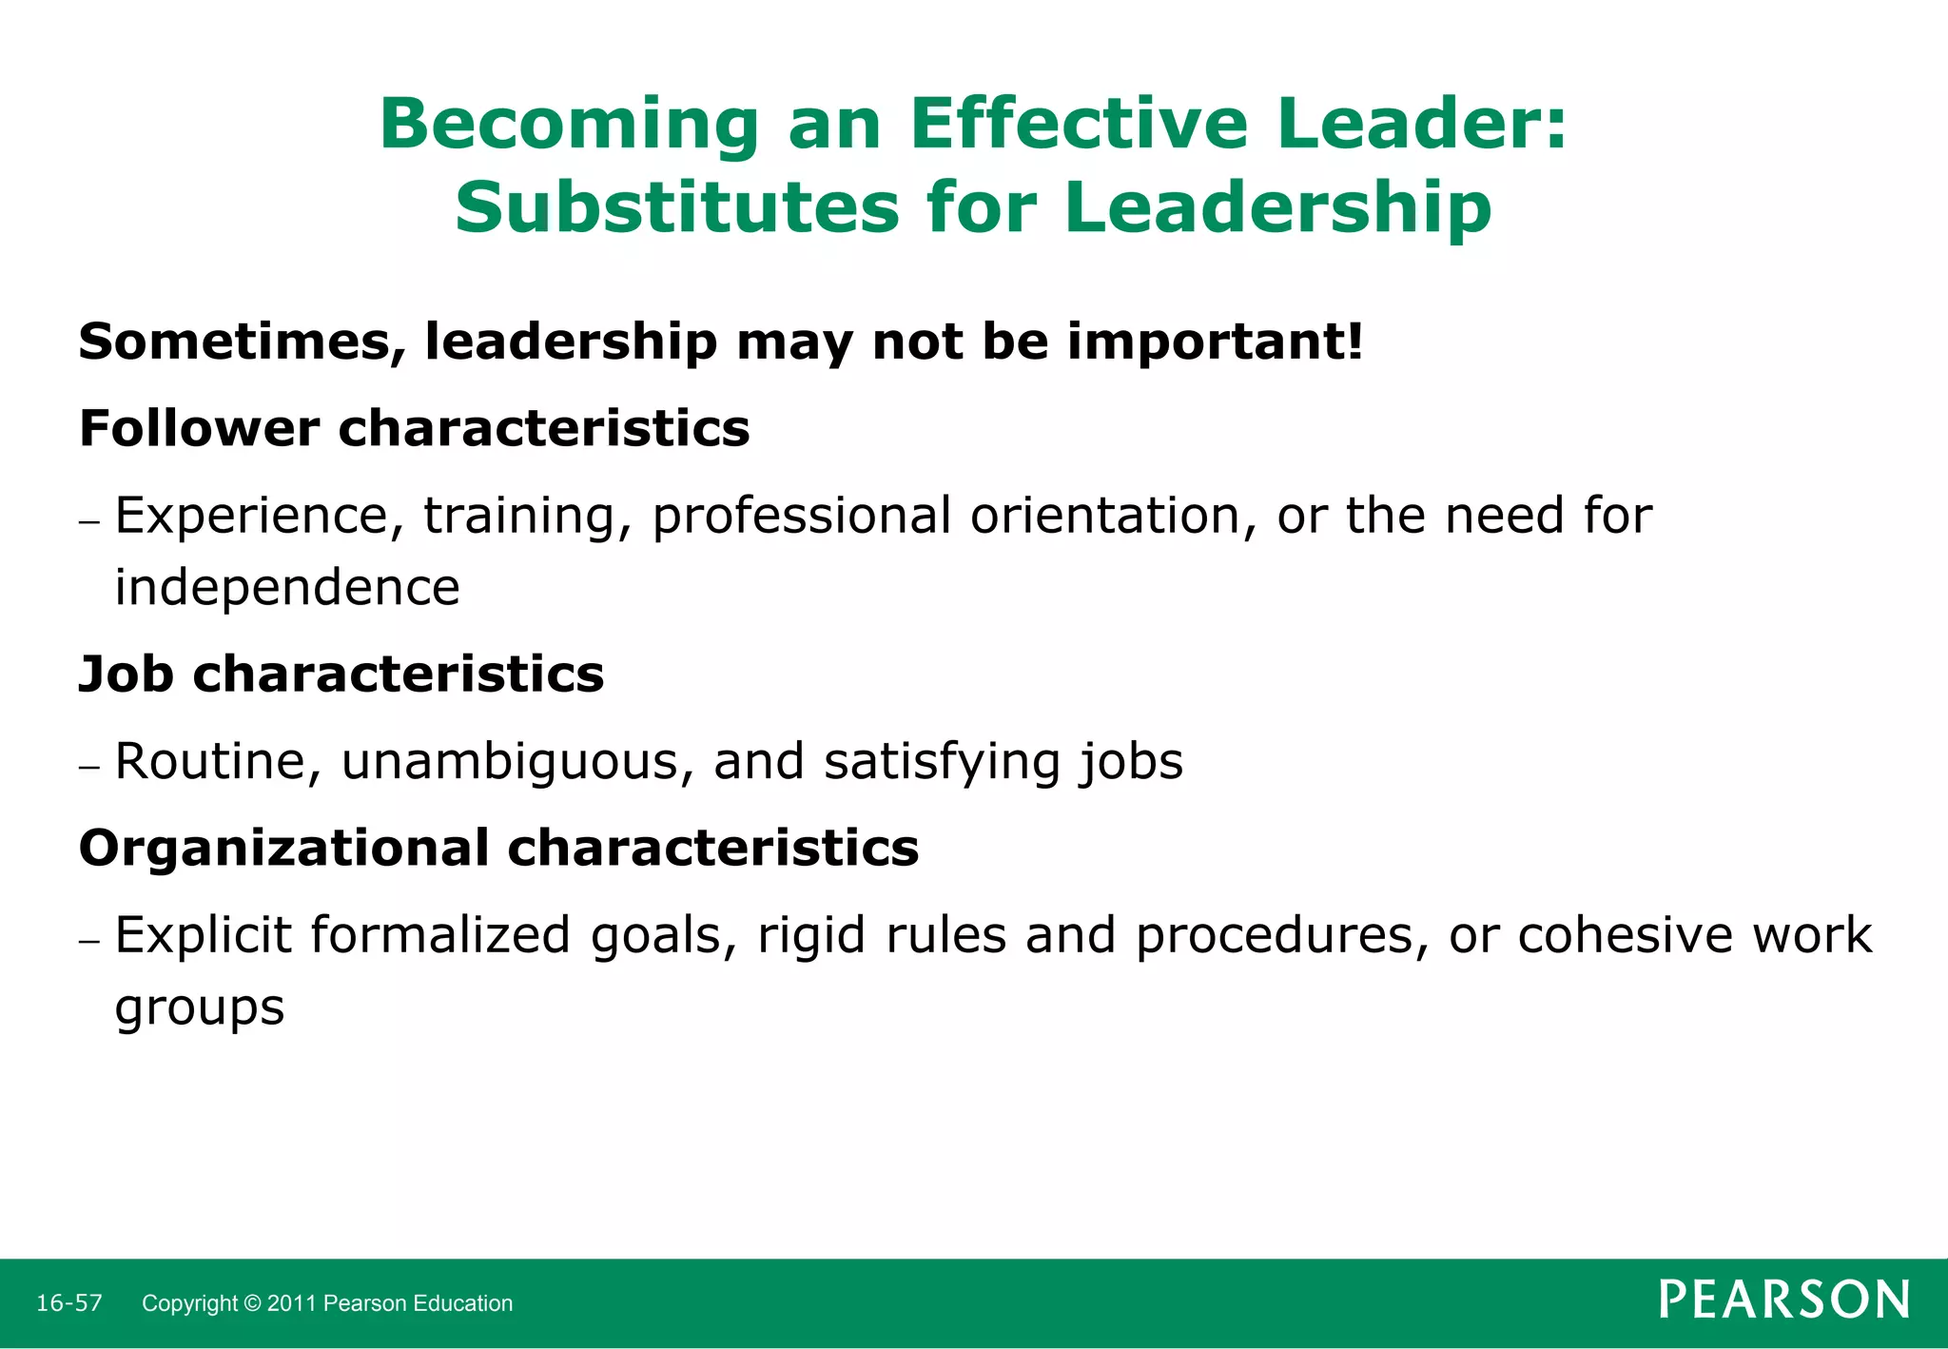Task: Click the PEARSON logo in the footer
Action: [1783, 1300]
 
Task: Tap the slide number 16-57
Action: [69, 1303]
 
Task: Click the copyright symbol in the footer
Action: [252, 1303]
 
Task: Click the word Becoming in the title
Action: [569, 127]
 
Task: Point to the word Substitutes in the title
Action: [676, 208]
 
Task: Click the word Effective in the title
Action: [1079, 125]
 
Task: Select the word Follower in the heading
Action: [199, 428]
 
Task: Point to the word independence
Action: [287, 587]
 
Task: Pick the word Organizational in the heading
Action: [283, 848]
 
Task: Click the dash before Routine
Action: [90, 766]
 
